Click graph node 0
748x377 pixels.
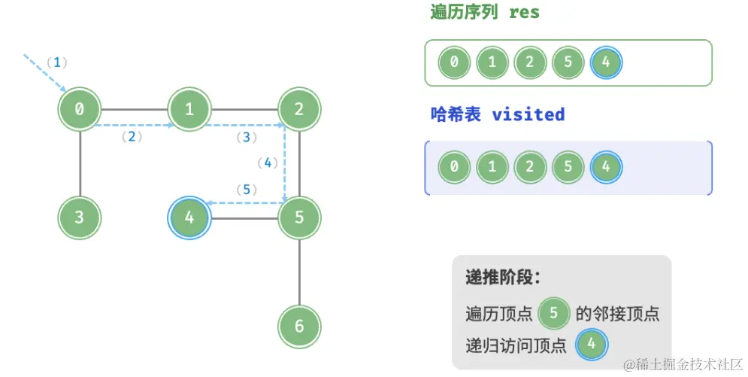80,109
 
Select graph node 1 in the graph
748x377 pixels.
189,109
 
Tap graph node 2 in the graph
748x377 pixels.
299,109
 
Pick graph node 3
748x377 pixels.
80,218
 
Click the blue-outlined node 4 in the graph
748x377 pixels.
189,218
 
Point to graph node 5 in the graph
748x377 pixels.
299,218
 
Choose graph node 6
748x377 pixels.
299,326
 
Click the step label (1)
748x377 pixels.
56,62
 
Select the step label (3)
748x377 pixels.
247,137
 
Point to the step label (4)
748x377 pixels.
267,163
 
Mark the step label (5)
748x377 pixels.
247,189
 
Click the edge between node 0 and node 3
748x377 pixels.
80,164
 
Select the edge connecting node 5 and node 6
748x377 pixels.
299,272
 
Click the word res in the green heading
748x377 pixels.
524,13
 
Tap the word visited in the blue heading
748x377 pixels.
528,114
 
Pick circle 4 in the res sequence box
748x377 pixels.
606,62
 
